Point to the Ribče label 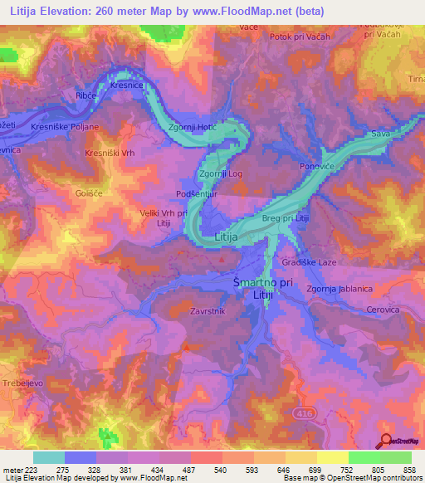pyautogui.click(x=87, y=96)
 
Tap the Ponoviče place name pyautogui.click(x=316, y=166)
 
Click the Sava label pyautogui.click(x=380, y=133)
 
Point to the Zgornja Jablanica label pyautogui.click(x=339, y=290)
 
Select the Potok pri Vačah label pyautogui.click(x=300, y=37)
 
